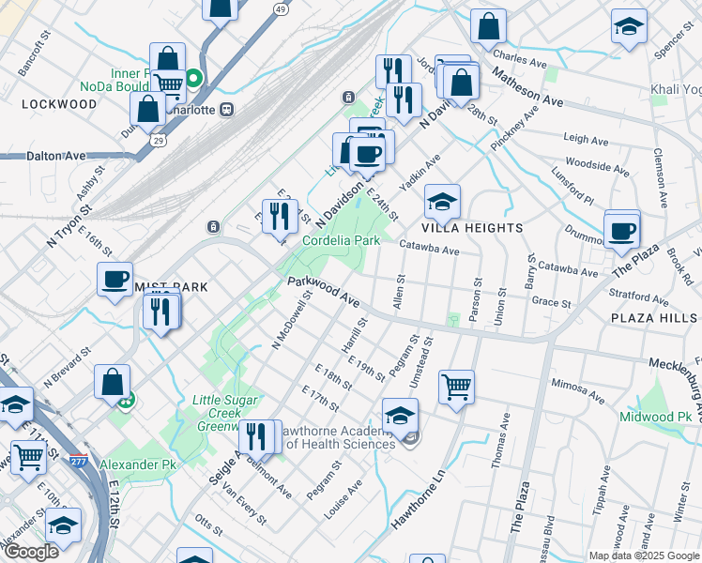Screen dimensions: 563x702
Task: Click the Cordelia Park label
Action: tap(341, 240)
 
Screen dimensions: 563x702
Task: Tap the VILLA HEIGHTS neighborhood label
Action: tap(472, 228)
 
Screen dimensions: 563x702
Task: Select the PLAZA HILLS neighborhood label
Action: tap(654, 318)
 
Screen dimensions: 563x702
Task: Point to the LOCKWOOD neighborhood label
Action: tap(59, 104)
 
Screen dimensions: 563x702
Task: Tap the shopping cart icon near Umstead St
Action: tap(456, 386)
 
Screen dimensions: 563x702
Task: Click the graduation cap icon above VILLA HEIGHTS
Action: tap(442, 201)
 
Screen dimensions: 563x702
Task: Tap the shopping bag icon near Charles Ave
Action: tap(488, 26)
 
